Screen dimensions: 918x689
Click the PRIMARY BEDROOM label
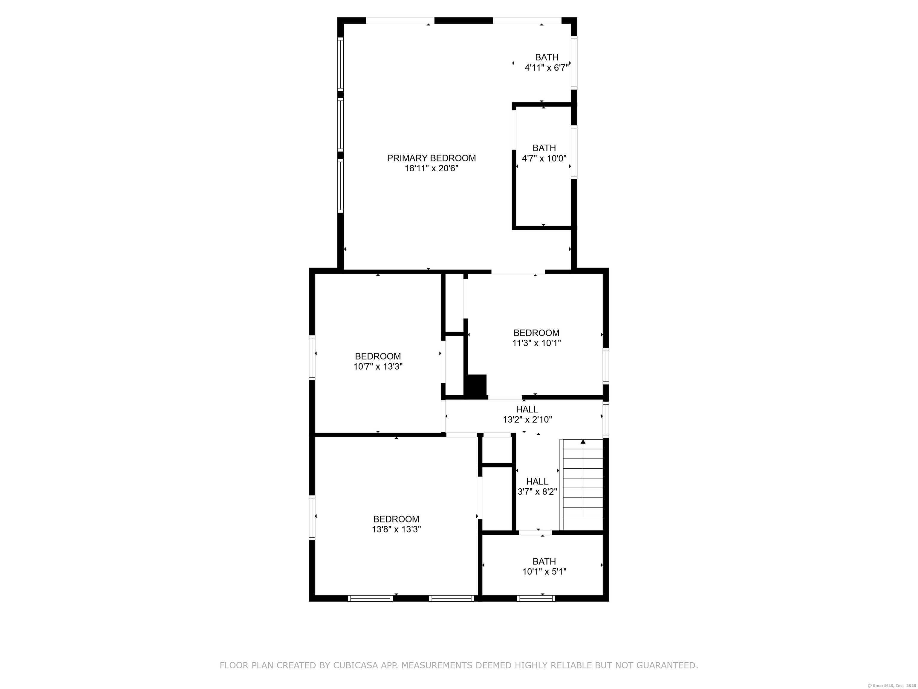[431, 158]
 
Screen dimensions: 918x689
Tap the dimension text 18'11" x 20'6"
[431, 168]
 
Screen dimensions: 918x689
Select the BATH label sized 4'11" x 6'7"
[547, 57]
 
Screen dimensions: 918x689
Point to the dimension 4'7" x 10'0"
[544, 158]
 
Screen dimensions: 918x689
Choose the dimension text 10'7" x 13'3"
[378, 366]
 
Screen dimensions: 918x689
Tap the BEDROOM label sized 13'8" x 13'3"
[396, 519]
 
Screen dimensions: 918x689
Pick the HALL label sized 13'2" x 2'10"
[527, 409]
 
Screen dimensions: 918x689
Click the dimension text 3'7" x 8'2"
[537, 492]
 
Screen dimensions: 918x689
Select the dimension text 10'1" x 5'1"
[544, 571]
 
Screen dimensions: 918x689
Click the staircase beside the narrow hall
[582, 485]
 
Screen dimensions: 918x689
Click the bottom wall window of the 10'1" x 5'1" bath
[536, 598]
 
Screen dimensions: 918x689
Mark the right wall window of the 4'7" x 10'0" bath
[574, 152]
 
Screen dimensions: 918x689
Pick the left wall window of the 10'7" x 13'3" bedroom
[312, 358]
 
